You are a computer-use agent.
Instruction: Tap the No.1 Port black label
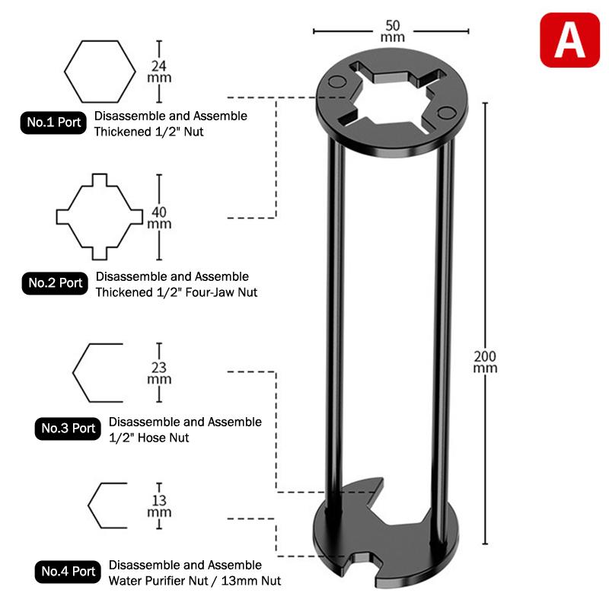point(54,123)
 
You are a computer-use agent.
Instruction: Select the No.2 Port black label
point(56,282)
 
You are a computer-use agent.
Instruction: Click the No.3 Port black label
point(69,428)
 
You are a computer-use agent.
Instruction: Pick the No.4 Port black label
point(69,571)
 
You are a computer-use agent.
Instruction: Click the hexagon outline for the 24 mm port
point(97,71)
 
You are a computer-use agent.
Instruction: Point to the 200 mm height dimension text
point(485,362)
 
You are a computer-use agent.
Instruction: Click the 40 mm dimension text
point(159,217)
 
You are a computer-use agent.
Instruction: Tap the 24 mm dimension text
point(159,71)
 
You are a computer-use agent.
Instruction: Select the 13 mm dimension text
point(159,505)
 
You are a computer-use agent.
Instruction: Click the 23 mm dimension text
point(159,373)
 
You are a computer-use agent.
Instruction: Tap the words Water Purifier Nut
point(156,581)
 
